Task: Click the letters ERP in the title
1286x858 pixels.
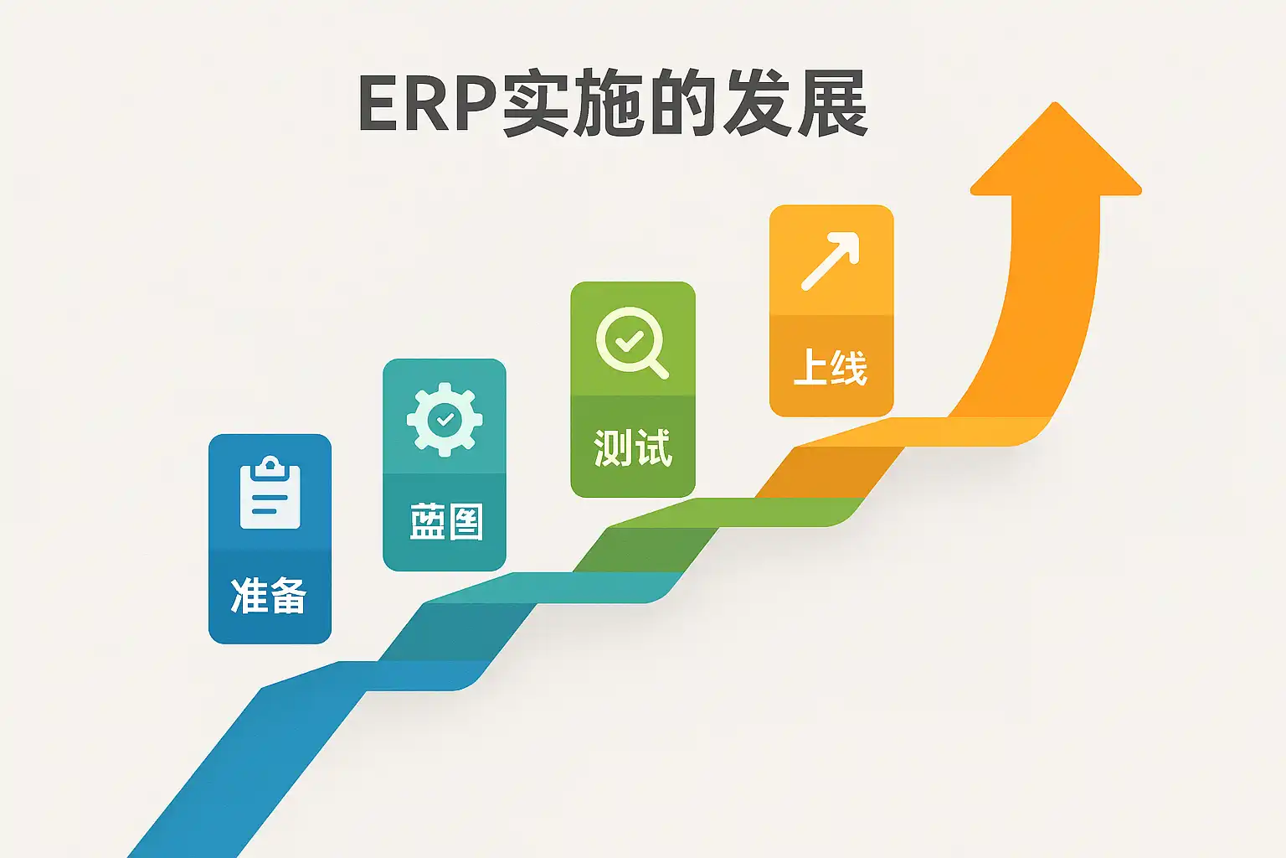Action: (x=429, y=103)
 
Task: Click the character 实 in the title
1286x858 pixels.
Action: (x=538, y=103)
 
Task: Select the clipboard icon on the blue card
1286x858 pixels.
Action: (x=270, y=492)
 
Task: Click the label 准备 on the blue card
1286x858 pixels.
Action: (x=269, y=596)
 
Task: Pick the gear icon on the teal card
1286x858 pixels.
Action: (x=445, y=420)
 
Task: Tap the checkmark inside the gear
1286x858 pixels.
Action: (x=445, y=420)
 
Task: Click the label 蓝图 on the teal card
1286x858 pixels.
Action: (x=446, y=521)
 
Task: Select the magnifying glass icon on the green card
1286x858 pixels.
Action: (x=632, y=343)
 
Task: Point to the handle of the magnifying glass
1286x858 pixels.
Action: (x=657, y=369)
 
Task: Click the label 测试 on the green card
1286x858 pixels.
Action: (x=633, y=447)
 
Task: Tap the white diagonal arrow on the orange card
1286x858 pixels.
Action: (x=831, y=261)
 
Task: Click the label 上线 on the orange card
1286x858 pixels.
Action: (x=831, y=367)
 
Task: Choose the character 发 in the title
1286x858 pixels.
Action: (x=758, y=103)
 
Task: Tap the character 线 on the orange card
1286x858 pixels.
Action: (x=849, y=367)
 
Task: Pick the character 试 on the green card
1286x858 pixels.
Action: (x=653, y=447)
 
